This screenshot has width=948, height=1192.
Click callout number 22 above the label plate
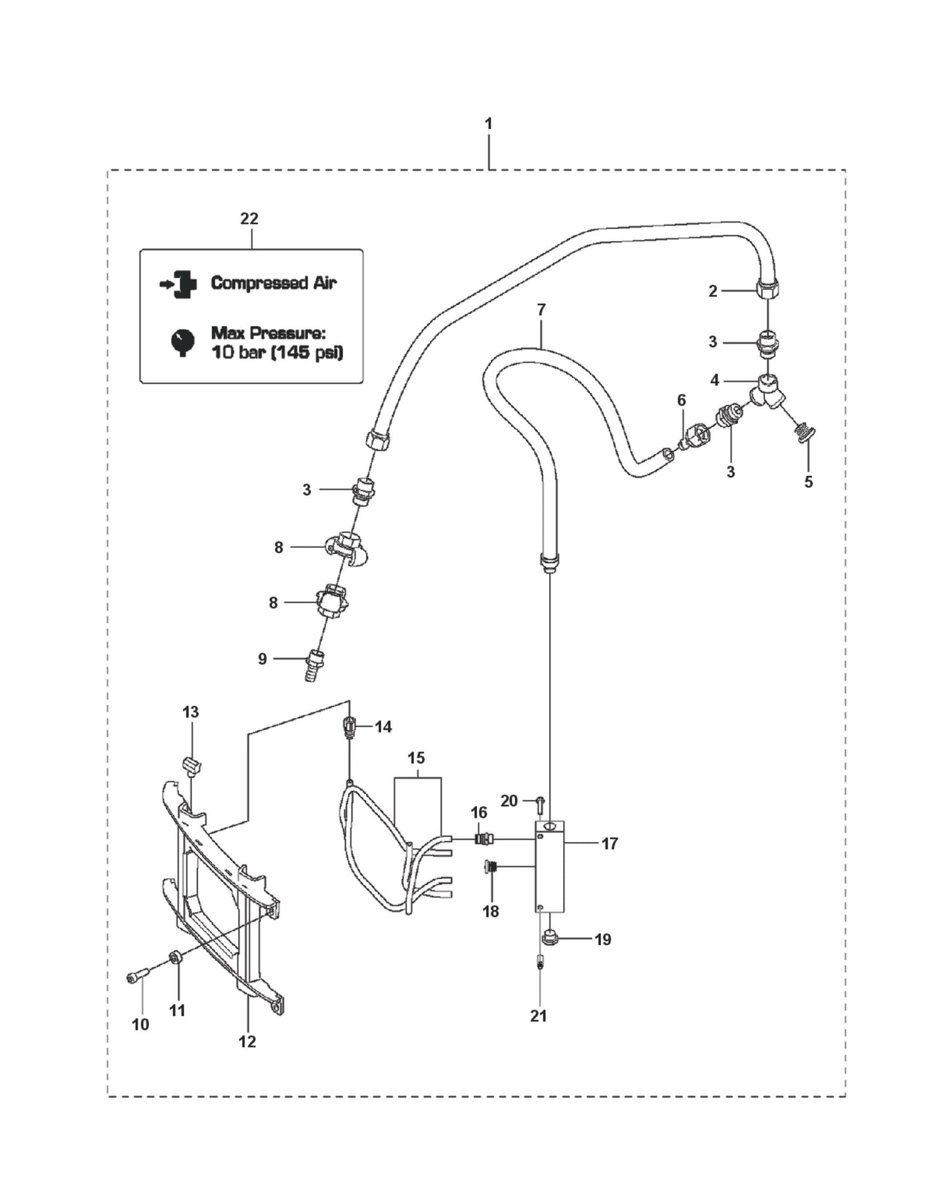click(x=249, y=219)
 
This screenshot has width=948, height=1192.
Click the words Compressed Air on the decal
click(x=273, y=283)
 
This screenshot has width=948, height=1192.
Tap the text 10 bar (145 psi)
click(x=276, y=352)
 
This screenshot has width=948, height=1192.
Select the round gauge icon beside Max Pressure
click(x=183, y=341)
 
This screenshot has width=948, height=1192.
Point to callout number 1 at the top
click(x=488, y=123)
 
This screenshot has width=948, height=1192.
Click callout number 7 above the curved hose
click(x=541, y=309)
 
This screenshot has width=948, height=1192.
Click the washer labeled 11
click(x=175, y=958)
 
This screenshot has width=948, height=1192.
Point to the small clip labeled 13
click(x=191, y=765)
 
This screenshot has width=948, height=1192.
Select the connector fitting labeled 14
click(x=350, y=727)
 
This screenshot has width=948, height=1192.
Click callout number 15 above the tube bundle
click(x=416, y=758)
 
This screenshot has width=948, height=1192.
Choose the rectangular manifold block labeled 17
click(x=550, y=866)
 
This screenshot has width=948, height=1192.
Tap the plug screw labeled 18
click(x=491, y=867)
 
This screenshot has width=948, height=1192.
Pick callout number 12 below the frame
click(x=247, y=1041)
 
